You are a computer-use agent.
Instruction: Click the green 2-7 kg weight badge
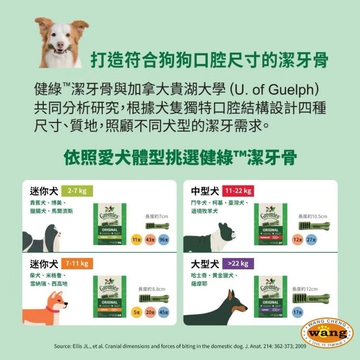pos(77,191)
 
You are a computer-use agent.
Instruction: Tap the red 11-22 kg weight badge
pos(238,191)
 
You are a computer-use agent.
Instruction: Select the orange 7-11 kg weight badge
pos(77,264)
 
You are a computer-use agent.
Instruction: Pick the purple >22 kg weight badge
pos(238,264)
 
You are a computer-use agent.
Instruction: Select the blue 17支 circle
pos(298,312)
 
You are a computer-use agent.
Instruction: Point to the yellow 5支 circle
pos(136,312)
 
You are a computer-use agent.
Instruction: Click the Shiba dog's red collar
pos(53,309)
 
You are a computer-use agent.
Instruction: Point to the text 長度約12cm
pos(305,289)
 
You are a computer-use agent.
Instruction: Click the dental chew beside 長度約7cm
pos(157,226)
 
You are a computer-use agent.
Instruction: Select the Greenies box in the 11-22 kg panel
pos(270,224)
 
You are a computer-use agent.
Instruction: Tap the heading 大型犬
pos(205,264)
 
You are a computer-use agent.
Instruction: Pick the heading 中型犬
pos(205,191)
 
